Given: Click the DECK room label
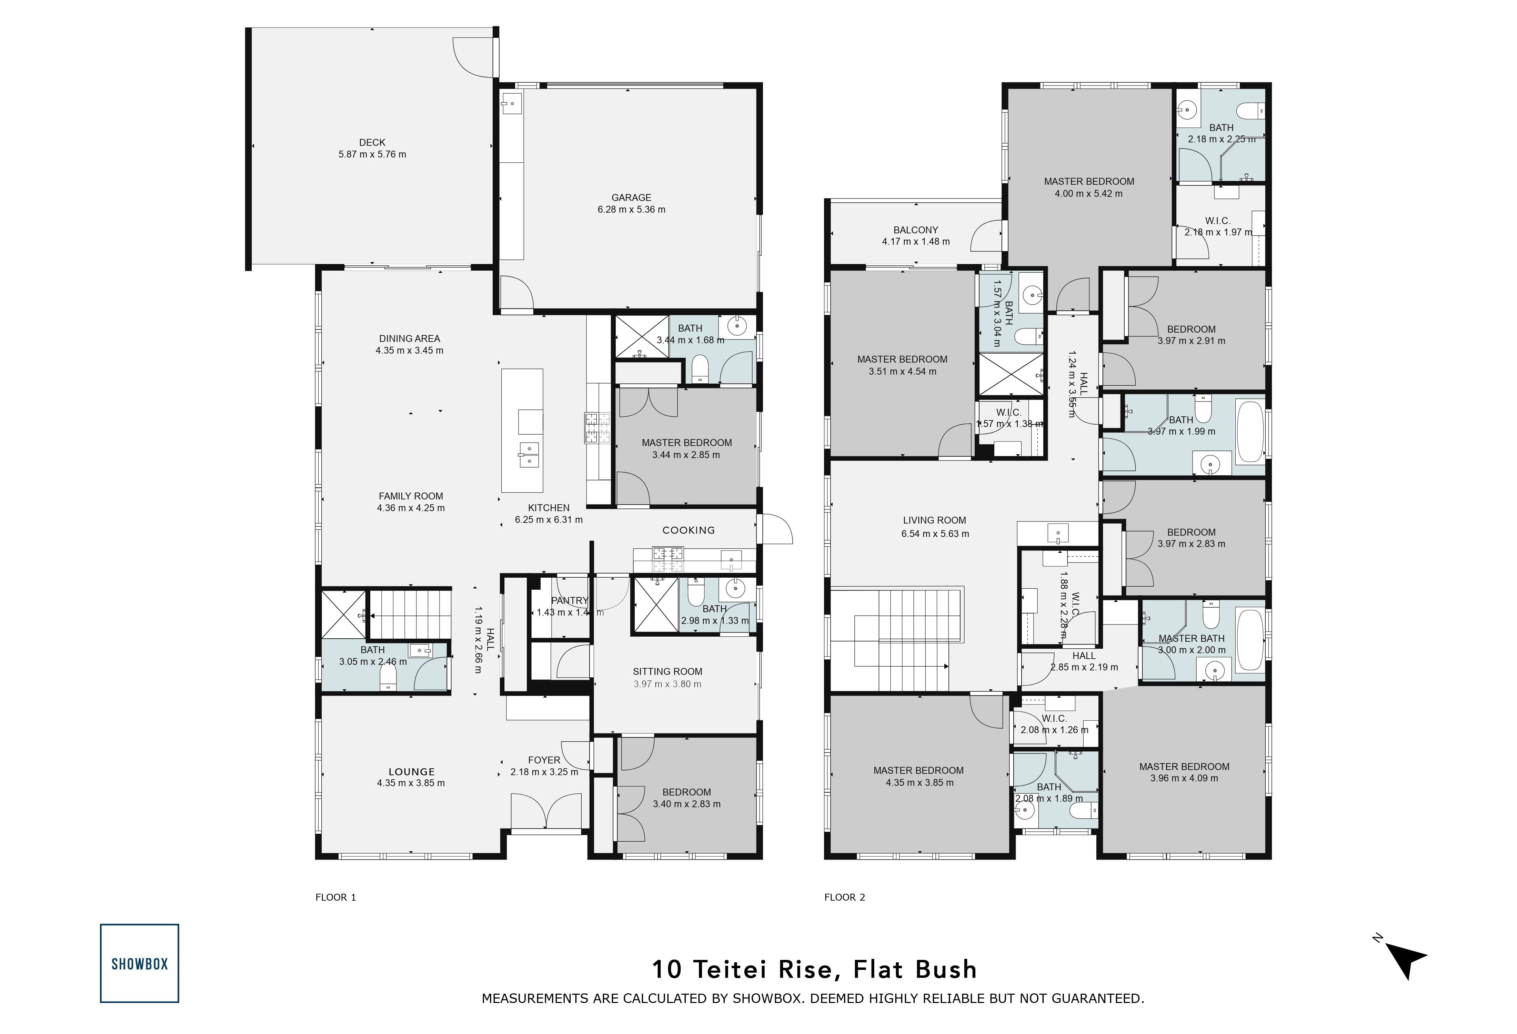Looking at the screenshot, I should [x=372, y=142].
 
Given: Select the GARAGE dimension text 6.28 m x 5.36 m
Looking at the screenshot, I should [x=631, y=210].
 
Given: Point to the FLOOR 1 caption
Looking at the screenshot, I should [x=335, y=897].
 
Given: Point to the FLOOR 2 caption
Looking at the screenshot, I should [x=845, y=897].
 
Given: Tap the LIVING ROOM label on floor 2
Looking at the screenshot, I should [x=934, y=520].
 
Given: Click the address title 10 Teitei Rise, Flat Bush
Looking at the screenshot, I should [x=814, y=970].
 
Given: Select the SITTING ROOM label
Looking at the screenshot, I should [x=667, y=671].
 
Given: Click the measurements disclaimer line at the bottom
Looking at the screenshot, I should [x=813, y=998].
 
